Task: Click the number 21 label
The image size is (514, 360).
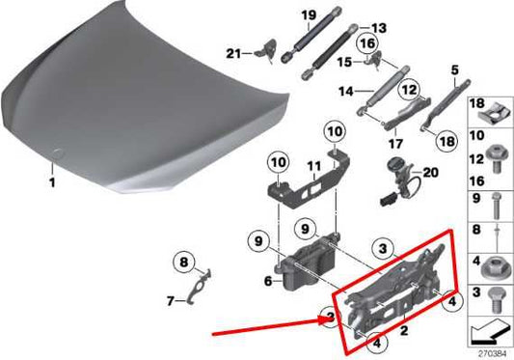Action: (231, 52)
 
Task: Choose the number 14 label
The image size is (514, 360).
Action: (341, 93)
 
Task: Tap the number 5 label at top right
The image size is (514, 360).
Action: (453, 69)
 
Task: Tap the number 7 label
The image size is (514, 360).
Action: (171, 301)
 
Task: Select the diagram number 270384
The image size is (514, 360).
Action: (489, 351)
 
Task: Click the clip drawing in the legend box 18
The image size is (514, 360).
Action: (490, 109)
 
